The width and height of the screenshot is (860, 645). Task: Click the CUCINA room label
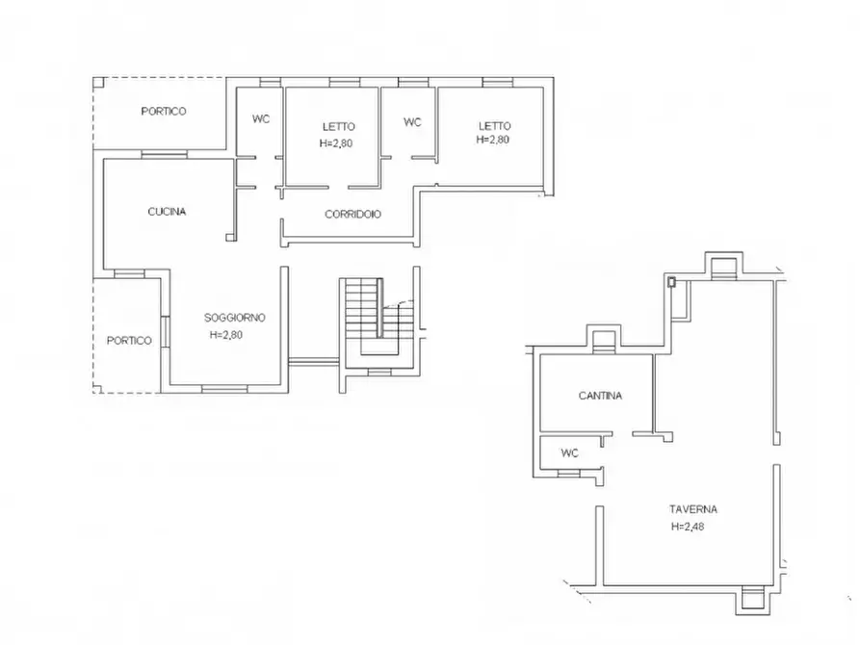click(x=167, y=212)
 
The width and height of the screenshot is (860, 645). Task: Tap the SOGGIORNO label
click(x=234, y=318)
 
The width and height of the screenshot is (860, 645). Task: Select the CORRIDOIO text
click(x=352, y=215)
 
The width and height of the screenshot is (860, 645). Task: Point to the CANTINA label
click(x=600, y=396)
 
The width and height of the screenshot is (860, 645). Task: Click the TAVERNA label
click(x=694, y=509)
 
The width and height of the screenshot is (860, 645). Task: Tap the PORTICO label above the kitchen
click(x=164, y=112)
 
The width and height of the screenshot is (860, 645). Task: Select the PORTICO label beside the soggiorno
click(x=129, y=340)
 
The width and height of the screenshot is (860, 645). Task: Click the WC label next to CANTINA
click(x=569, y=452)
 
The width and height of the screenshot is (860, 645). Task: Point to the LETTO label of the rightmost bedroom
click(x=494, y=125)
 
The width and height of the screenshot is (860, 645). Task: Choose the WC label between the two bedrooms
click(x=412, y=122)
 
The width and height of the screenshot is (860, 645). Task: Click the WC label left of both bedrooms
click(x=261, y=119)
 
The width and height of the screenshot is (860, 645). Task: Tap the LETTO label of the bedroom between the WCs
click(x=338, y=126)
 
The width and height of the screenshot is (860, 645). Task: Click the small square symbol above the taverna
click(x=672, y=282)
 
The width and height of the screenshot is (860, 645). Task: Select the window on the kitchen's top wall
click(x=163, y=154)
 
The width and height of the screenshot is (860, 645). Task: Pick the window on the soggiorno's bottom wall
click(x=222, y=388)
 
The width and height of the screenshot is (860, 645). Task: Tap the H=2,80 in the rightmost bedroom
click(x=492, y=140)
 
